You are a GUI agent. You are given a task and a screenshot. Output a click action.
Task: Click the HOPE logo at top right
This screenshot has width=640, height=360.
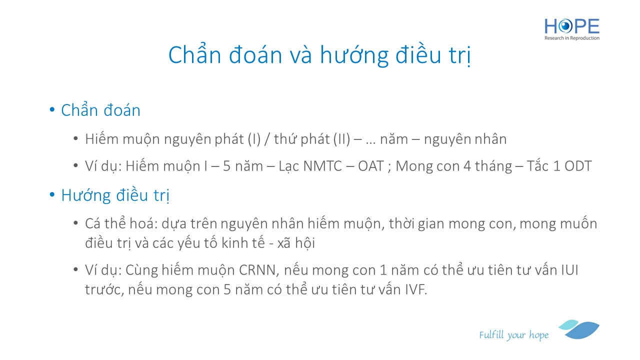pyautogui.click(x=571, y=29)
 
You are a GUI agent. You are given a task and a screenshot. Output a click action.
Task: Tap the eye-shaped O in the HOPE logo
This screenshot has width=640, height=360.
pyautogui.click(x=565, y=26)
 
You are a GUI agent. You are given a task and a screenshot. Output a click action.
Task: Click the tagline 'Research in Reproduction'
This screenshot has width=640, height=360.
pyautogui.click(x=571, y=38)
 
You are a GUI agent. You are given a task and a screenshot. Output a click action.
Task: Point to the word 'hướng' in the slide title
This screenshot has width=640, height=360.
pyautogui.click(x=354, y=55)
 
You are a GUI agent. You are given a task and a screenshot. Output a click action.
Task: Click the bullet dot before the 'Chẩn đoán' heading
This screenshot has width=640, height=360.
pyautogui.click(x=52, y=109)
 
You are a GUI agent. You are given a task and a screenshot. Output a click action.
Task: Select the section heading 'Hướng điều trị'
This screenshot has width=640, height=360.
pyautogui.click(x=115, y=195)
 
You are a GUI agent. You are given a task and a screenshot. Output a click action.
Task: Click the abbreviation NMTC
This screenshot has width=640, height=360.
pyautogui.click(x=322, y=166)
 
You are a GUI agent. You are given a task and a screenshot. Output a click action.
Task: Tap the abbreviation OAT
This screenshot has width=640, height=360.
pyautogui.click(x=370, y=166)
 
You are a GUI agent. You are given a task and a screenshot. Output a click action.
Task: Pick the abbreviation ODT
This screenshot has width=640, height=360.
pyautogui.click(x=578, y=166)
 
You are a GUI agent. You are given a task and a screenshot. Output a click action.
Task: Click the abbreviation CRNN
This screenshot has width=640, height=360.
pyautogui.click(x=257, y=270)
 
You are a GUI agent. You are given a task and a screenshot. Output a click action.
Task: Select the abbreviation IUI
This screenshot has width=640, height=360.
pyautogui.click(x=569, y=270)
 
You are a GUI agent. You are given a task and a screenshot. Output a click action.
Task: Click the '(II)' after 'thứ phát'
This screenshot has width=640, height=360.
pyautogui.click(x=342, y=139)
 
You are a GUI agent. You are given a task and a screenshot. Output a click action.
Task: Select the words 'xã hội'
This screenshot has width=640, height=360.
pyautogui.click(x=296, y=243)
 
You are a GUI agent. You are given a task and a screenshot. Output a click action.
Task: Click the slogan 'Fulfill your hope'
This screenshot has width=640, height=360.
pyautogui.click(x=514, y=335)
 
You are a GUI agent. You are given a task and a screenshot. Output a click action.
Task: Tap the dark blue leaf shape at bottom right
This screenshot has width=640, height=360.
pyautogui.click(x=583, y=330)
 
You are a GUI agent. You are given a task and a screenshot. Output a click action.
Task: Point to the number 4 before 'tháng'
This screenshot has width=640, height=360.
pyautogui.click(x=467, y=166)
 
